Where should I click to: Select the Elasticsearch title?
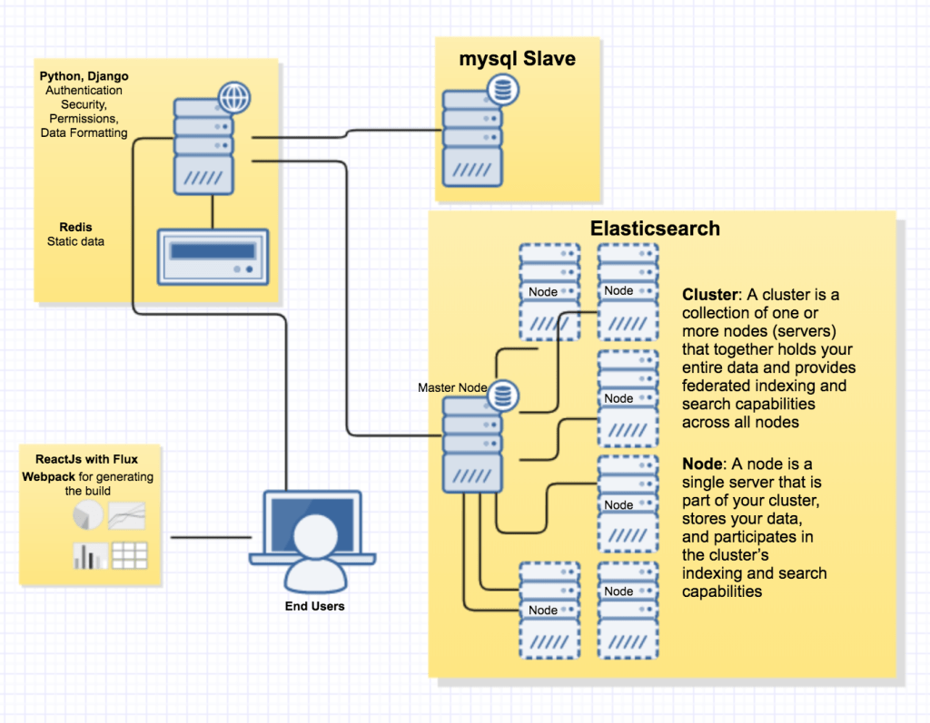(655, 229)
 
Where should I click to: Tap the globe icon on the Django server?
(234, 97)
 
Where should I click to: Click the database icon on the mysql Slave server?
(501, 90)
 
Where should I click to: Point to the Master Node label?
(451, 387)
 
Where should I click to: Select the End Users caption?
(314, 606)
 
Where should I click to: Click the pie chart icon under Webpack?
(88, 515)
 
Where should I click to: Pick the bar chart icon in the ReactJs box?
(90, 555)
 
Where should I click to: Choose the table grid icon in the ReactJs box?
(128, 554)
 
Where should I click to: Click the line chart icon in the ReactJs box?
(127, 515)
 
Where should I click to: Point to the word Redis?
(75, 227)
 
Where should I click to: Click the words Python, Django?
(84, 76)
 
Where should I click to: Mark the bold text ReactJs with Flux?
(87, 460)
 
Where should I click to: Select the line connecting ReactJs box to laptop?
(210, 537)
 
